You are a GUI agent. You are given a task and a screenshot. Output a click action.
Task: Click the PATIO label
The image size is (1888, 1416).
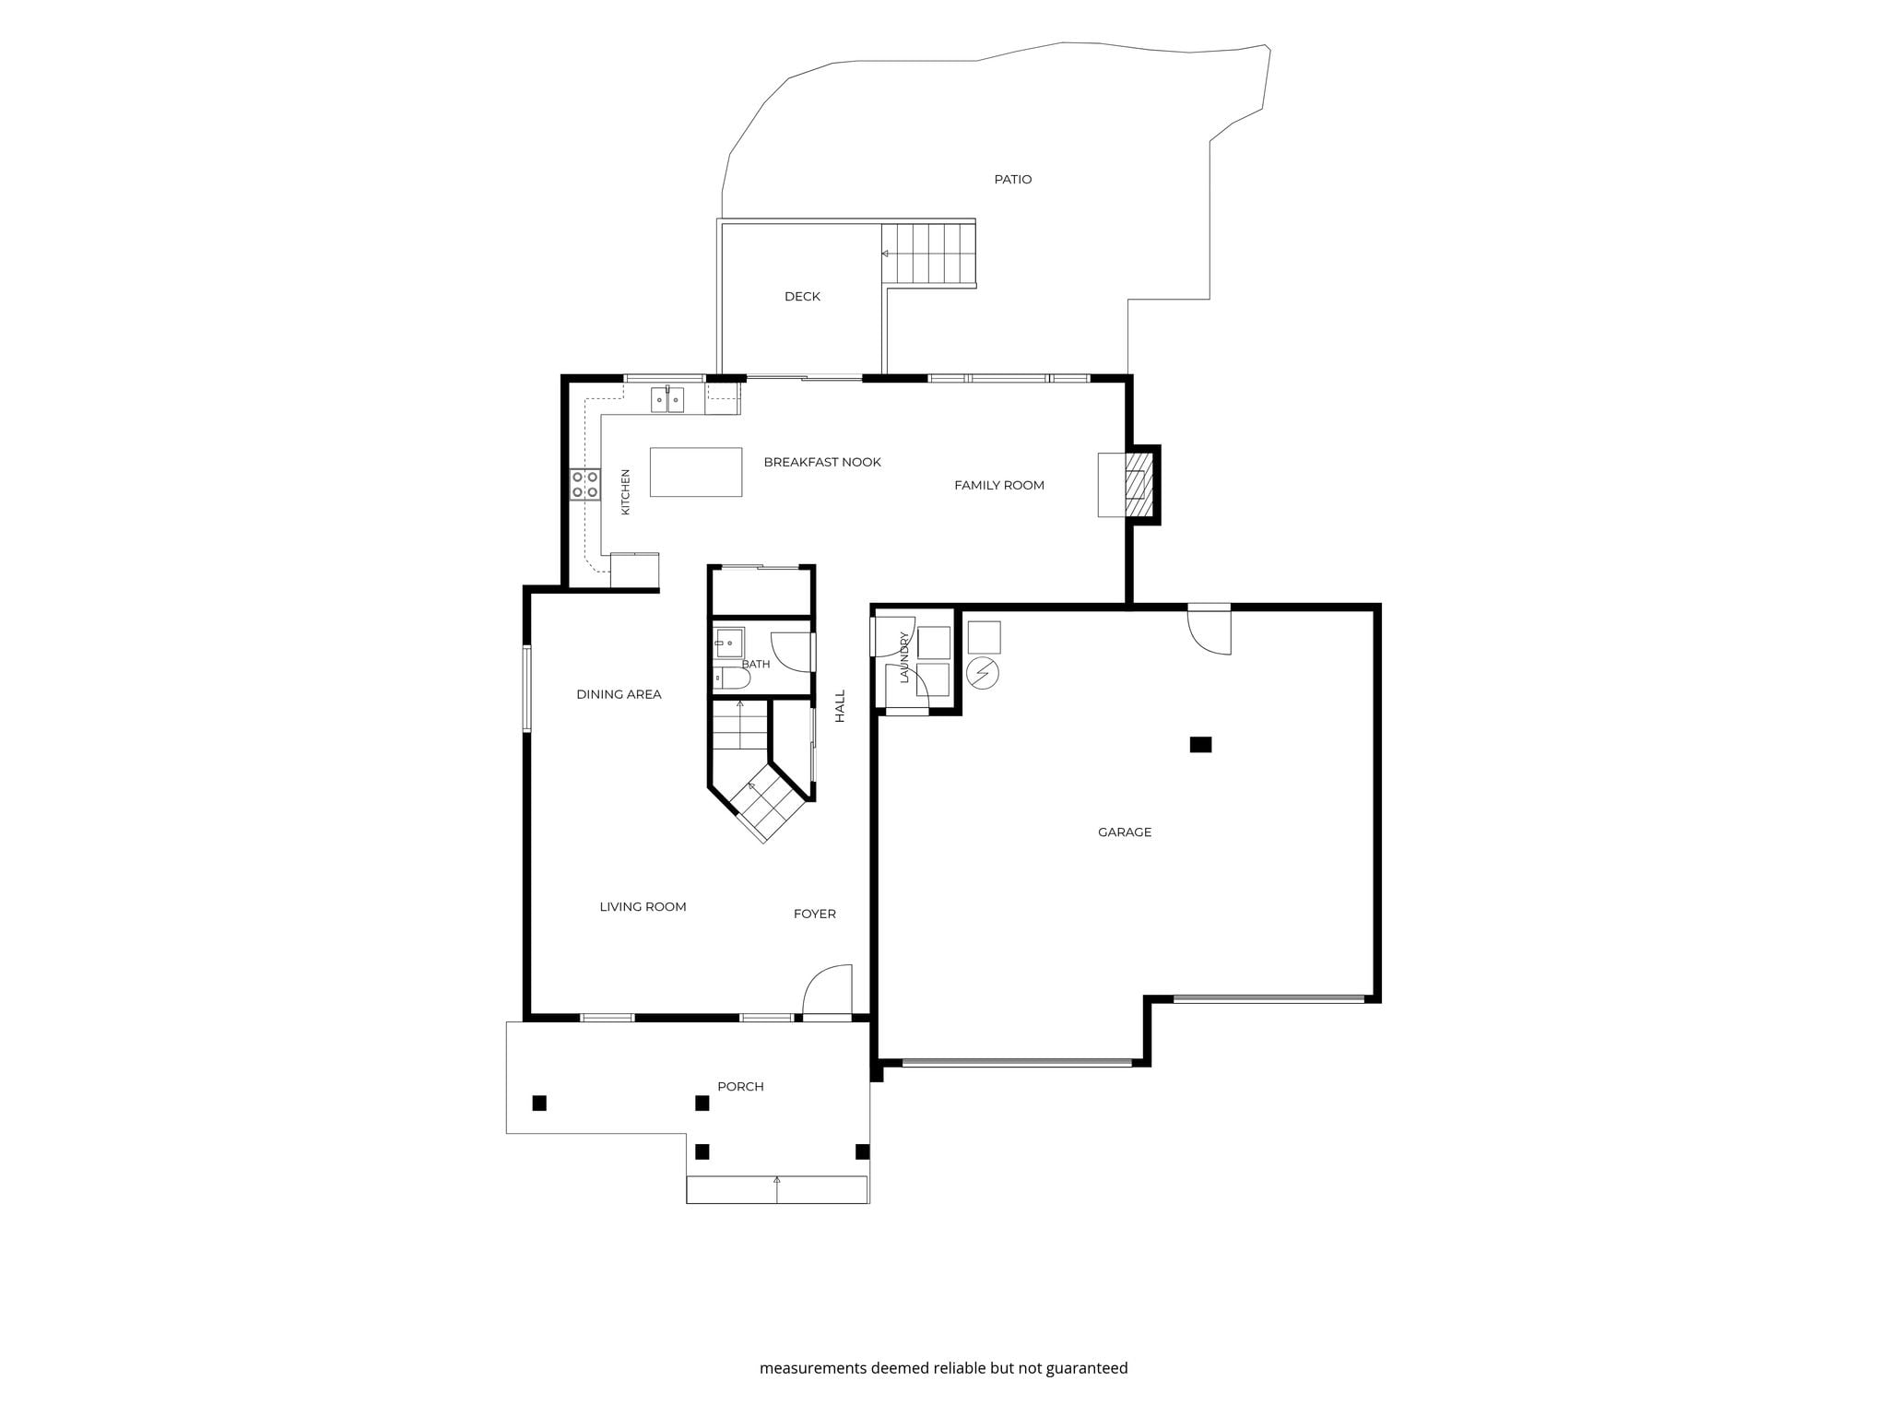point(1012,179)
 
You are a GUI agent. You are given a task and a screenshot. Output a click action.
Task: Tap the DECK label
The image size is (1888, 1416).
point(802,296)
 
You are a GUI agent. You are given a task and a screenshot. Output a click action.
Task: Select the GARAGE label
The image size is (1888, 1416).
point(1125,832)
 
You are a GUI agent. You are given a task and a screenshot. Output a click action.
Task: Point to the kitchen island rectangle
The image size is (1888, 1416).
point(696,472)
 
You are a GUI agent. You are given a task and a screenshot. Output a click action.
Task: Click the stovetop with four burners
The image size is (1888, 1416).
point(584,485)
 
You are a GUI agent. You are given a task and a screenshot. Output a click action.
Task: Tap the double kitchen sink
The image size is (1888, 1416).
point(667,400)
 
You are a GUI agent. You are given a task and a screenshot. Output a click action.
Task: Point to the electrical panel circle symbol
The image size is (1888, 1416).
point(983,673)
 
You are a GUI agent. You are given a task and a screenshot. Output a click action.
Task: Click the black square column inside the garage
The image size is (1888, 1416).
point(1200,744)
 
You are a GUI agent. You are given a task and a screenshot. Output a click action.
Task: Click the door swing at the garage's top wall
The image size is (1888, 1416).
point(1209,631)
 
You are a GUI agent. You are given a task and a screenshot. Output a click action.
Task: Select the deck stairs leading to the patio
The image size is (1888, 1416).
point(928,254)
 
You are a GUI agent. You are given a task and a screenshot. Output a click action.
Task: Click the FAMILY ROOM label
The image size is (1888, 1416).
point(999,485)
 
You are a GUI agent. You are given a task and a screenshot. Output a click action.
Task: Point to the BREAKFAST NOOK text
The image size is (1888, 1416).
point(822,462)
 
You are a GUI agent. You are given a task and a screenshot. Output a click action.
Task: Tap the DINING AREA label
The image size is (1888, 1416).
point(619,694)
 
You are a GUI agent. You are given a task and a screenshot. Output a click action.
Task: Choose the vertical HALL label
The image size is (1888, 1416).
point(840,706)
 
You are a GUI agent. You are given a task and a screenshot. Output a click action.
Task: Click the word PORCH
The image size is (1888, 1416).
point(740,1086)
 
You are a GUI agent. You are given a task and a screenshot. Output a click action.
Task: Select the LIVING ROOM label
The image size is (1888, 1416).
point(643,906)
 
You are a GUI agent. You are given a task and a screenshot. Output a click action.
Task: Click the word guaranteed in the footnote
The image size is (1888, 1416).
point(1086,1368)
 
